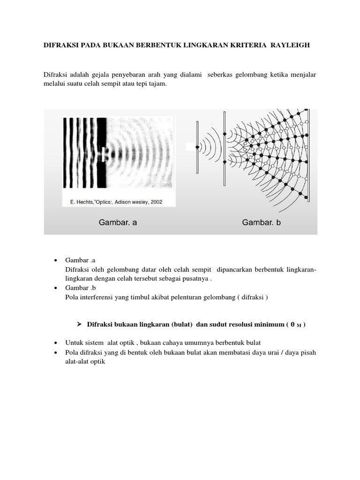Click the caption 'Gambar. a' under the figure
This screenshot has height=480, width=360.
coord(118,223)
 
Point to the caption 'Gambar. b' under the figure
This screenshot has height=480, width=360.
coord(262,223)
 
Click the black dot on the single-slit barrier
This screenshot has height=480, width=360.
coord(197,147)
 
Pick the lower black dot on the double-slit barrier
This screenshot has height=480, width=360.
coord(225,162)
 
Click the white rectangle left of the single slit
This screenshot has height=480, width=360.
coord(191,147)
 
